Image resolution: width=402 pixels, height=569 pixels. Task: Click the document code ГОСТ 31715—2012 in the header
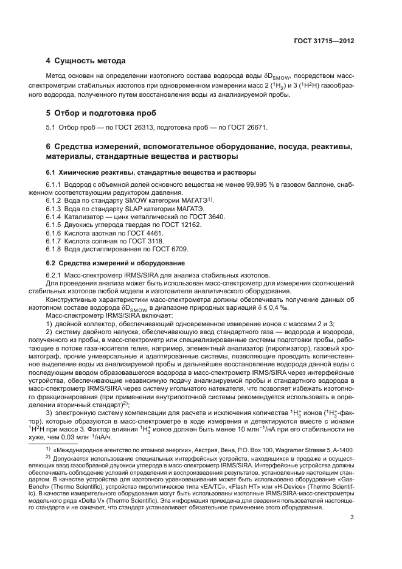point(324,41)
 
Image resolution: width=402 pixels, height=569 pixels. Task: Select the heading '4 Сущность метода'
point(86,61)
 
